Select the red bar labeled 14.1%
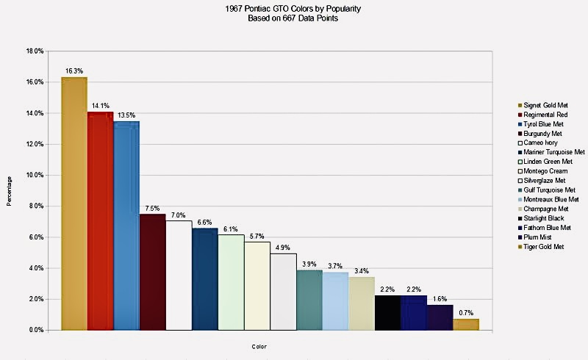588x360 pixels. (100, 220)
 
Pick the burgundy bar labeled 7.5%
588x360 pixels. (152, 272)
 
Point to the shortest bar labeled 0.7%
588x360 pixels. (466, 324)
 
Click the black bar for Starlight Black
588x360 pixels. (387, 312)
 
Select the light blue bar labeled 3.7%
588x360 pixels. (335, 301)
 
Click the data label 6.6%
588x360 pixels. (205, 222)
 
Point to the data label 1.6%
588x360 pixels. (440, 299)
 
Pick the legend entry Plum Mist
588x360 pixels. (541, 237)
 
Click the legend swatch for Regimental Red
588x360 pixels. (520, 115)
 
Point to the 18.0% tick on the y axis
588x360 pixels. (35, 51)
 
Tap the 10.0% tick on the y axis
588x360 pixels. (35, 176)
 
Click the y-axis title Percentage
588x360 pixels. (10, 190)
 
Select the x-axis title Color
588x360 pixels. (259, 346)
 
